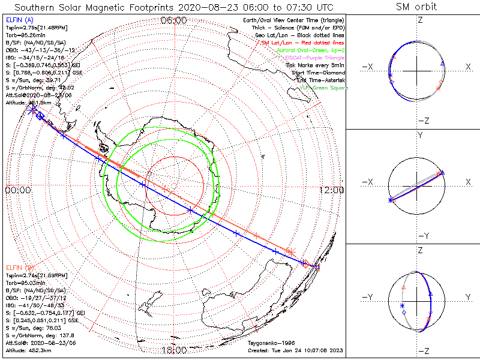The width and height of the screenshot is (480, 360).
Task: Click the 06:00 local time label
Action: click(174, 20)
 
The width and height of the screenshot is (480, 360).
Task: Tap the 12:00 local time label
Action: click(331, 190)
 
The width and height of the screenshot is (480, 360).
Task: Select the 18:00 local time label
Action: click(174, 350)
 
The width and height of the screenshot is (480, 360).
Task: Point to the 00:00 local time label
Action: click(17, 190)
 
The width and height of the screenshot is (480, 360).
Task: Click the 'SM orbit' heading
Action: click(416, 7)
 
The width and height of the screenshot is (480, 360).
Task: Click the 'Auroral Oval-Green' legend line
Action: click(311, 50)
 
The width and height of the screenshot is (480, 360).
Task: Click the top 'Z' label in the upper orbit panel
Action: click(420, 20)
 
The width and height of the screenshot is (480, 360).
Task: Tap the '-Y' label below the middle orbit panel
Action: click(420, 235)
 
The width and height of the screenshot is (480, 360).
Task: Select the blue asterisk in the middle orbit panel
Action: click(391, 200)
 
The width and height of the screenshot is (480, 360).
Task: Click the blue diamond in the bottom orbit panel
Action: click(404, 313)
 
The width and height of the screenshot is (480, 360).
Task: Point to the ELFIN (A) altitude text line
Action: click(27, 103)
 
